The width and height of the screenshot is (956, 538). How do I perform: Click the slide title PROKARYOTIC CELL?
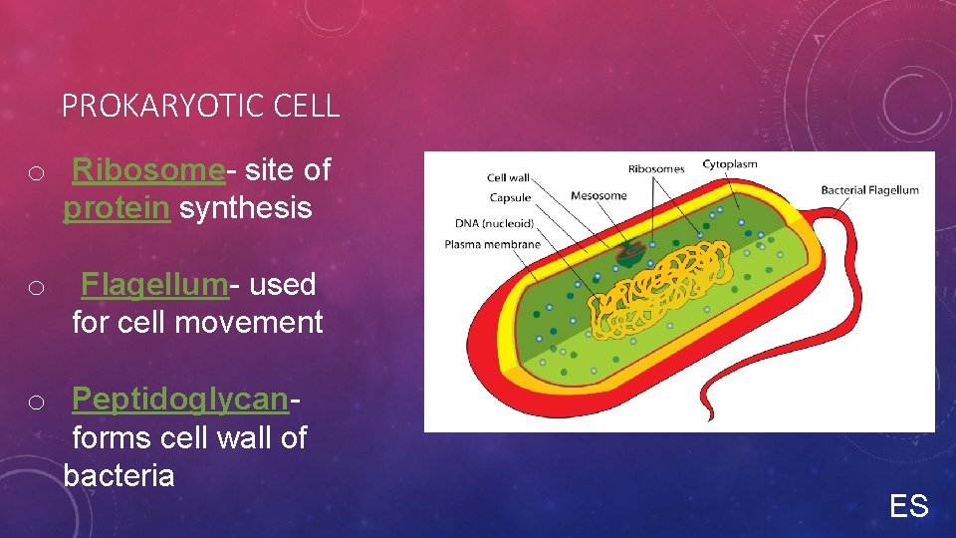[x=200, y=106]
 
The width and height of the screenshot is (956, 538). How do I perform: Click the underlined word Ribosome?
[x=148, y=170]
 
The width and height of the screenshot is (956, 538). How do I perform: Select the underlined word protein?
[x=117, y=208]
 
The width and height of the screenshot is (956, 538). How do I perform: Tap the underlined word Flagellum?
[x=154, y=284]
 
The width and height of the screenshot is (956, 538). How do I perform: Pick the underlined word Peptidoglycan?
[x=180, y=400]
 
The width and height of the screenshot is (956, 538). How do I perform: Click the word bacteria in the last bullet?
[x=119, y=475]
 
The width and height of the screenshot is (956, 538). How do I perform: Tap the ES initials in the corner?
[x=908, y=507]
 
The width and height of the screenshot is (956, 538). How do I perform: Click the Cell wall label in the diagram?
[x=508, y=178]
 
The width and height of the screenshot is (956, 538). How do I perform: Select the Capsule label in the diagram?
[x=510, y=198]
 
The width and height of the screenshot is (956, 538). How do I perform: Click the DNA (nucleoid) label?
[x=494, y=223]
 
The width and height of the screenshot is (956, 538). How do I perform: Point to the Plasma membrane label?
[x=492, y=244]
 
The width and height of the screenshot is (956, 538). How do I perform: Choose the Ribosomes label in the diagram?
[x=656, y=169]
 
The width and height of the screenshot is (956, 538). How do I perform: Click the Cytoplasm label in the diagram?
[x=730, y=164]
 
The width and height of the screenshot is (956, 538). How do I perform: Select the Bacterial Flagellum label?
[x=869, y=190]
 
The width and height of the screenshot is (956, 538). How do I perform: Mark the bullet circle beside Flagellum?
[x=36, y=288]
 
